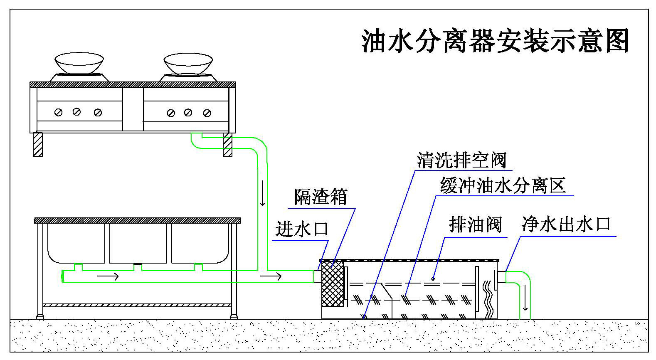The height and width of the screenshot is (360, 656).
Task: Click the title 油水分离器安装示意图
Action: pyautogui.click(x=495, y=41)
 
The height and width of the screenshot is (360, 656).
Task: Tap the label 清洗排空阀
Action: pyautogui.click(x=461, y=160)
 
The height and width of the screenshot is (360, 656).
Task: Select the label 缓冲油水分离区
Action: pyautogui.click(x=503, y=185)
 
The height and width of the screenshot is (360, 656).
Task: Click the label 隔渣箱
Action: pyautogui.click(x=321, y=197)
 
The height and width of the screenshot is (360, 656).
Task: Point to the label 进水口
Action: pyautogui.click(x=302, y=229)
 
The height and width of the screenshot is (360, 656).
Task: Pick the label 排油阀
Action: pyautogui.click(x=475, y=225)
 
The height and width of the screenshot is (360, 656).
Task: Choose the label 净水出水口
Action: pyautogui.click(x=566, y=224)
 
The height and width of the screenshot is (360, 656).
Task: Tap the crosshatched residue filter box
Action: pyautogui.click(x=333, y=284)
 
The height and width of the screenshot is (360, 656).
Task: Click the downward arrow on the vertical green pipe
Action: pyautogui.click(x=262, y=199)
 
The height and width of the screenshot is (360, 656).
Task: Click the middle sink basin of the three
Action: pyautogui.click(x=138, y=243)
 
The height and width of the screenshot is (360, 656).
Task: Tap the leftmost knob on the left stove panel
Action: pyautogui.click(x=59, y=112)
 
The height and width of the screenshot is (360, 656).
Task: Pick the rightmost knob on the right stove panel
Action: pyautogui.click(x=207, y=113)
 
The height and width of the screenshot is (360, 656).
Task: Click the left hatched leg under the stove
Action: pyautogui.click(x=38, y=144)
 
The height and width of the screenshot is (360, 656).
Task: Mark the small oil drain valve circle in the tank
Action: pyautogui.click(x=433, y=279)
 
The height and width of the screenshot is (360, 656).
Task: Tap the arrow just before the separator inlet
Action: pyautogui.click(x=271, y=276)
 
